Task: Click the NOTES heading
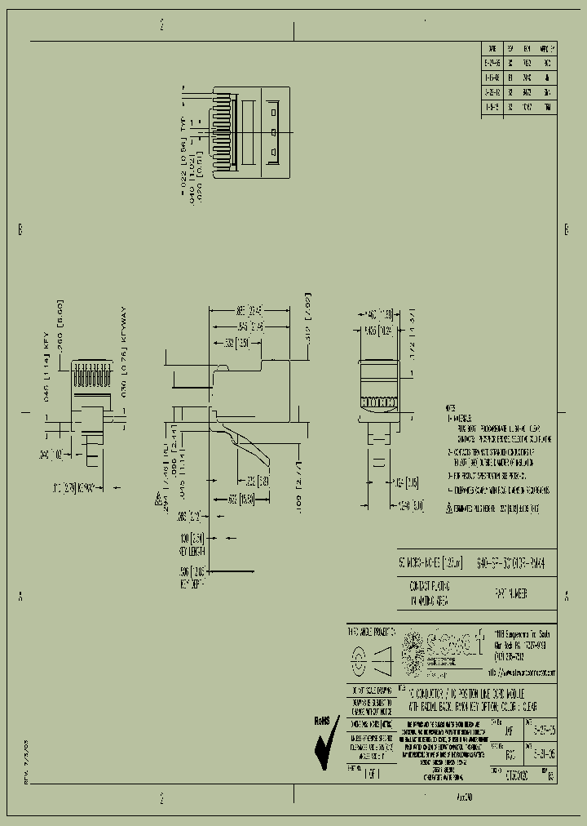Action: [450, 407]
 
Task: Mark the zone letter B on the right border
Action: [567, 229]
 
